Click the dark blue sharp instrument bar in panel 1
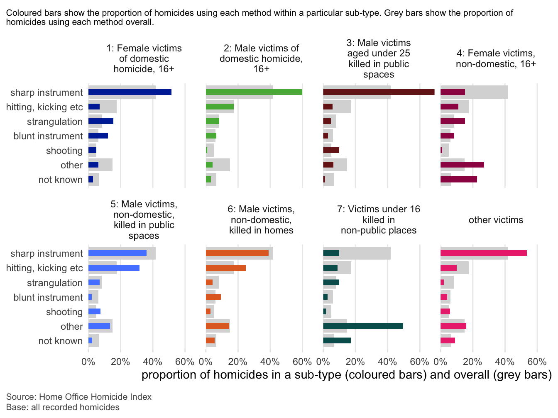[x=130, y=92]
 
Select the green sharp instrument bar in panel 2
[x=254, y=92]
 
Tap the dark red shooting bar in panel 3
[x=331, y=150]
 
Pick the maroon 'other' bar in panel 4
[x=462, y=165]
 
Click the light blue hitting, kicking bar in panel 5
[x=114, y=268]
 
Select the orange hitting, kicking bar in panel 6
[x=225, y=268]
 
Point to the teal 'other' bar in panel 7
[x=363, y=326]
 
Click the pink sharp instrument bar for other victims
[x=483, y=253]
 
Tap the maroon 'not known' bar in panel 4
[x=458, y=179]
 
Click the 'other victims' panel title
[x=496, y=220]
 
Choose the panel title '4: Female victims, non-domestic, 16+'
[x=496, y=58]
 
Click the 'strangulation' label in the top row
[x=55, y=122]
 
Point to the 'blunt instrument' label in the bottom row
[x=48, y=297]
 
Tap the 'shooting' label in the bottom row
[x=64, y=312]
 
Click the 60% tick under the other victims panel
[x=537, y=362]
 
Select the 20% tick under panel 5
[x=120, y=362]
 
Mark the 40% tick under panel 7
[x=387, y=362]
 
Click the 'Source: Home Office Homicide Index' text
[x=79, y=397]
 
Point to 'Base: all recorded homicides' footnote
[x=63, y=407]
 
